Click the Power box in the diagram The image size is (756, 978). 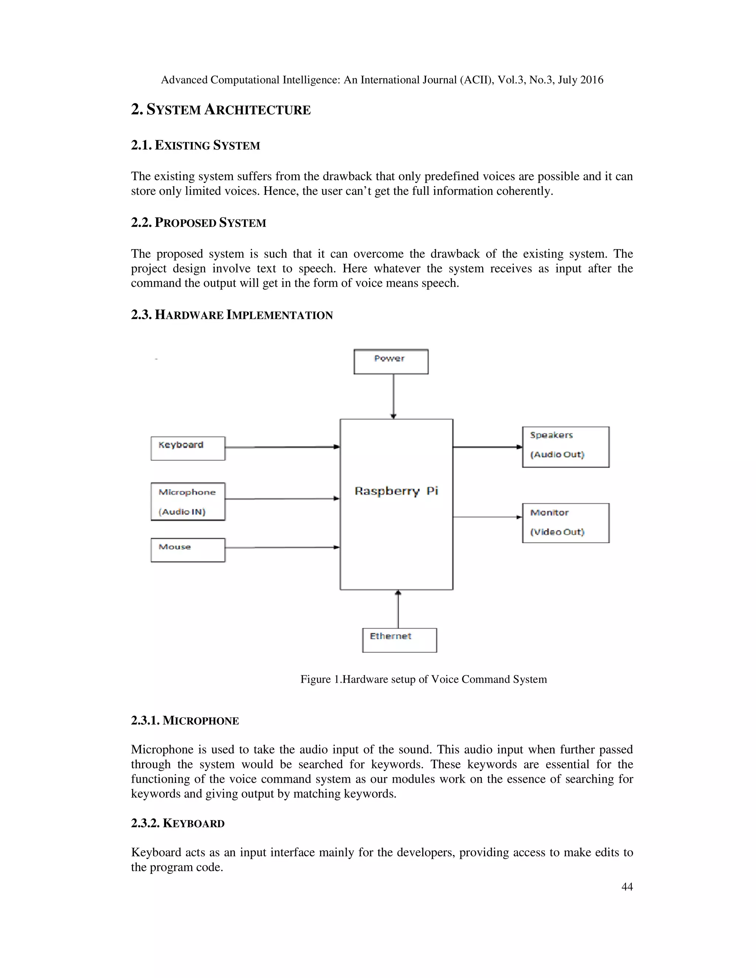coord(391,361)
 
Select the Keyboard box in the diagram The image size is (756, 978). coord(188,448)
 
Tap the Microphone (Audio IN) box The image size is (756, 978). coord(188,502)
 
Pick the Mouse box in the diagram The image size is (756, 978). coord(188,550)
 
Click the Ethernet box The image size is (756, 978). coord(399,640)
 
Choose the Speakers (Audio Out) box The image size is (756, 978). coord(565,447)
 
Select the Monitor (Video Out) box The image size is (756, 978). coord(565,523)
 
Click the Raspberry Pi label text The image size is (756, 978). coord(396,491)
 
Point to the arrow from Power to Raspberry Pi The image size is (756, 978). coord(393,396)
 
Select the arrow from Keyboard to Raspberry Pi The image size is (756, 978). coord(282,447)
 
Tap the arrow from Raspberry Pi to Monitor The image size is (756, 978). coord(487,517)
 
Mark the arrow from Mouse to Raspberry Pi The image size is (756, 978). coord(282,547)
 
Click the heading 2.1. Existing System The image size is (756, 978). coord(195,145)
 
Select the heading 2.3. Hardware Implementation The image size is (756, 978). coord(231,315)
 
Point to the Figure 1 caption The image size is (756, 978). coord(423,679)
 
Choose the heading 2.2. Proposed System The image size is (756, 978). coord(198,223)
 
